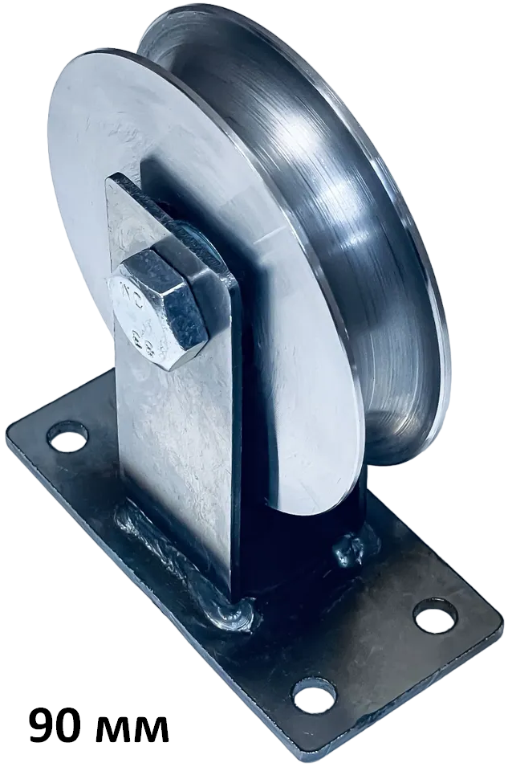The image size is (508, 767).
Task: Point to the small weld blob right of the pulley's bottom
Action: [351, 549]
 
